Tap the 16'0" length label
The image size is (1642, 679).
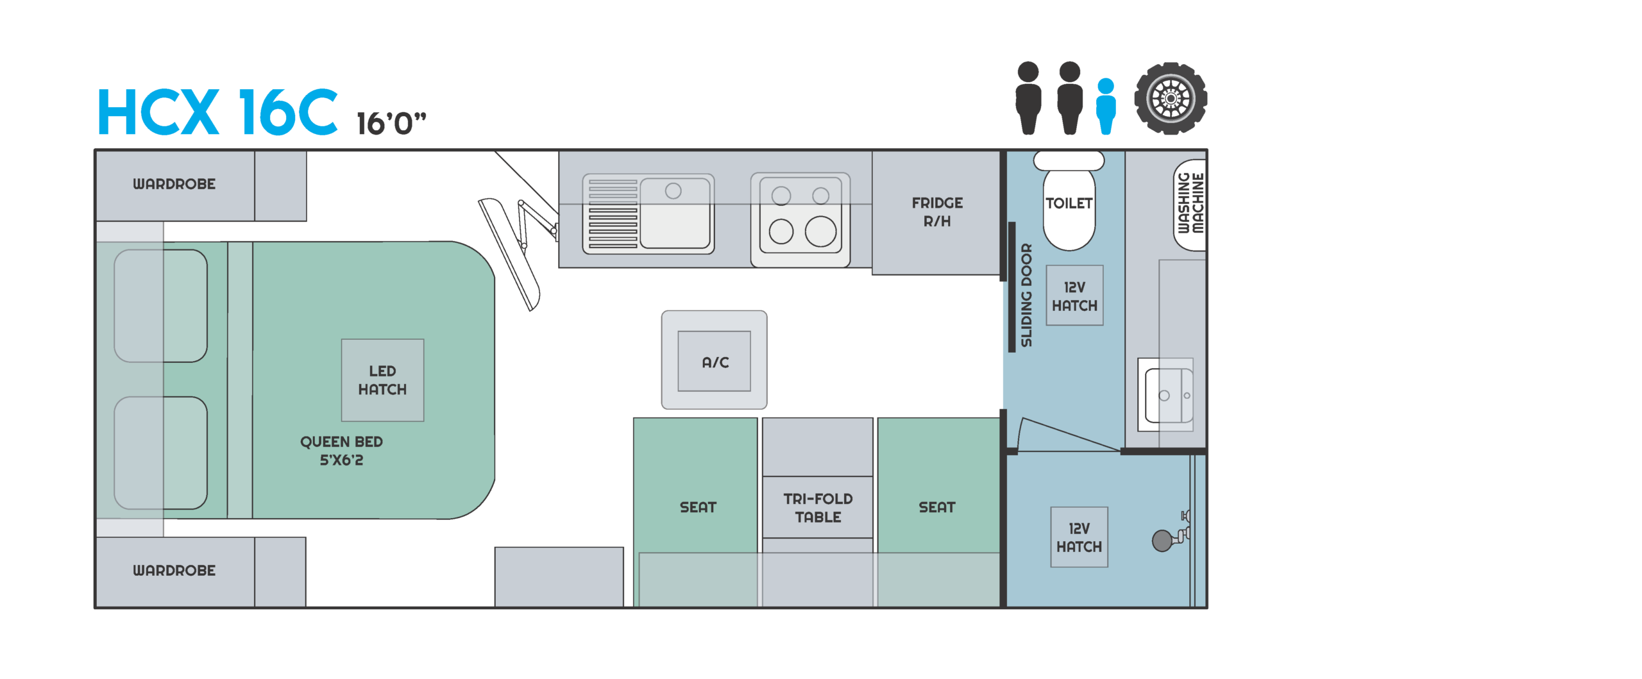coord(391,123)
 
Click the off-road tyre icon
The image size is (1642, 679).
coord(1171,99)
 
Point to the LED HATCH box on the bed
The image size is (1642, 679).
coord(382,380)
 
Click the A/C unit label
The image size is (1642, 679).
coord(715,362)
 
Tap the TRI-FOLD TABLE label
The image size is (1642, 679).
coord(818,507)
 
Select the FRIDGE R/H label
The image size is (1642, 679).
coord(936,212)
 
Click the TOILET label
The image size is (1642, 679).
coord(1069,203)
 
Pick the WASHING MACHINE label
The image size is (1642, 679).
coord(1190,204)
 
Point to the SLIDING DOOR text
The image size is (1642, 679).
coord(1026,295)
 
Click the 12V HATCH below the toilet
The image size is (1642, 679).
coord(1074,296)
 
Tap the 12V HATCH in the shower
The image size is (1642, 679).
coord(1079,537)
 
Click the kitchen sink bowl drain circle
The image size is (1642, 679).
coord(673,191)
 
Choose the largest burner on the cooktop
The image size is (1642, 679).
coord(820,231)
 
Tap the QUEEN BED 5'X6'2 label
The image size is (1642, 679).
coord(341,451)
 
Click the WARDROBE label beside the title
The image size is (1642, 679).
coord(174,184)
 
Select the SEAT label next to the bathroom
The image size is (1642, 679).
coord(936,507)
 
